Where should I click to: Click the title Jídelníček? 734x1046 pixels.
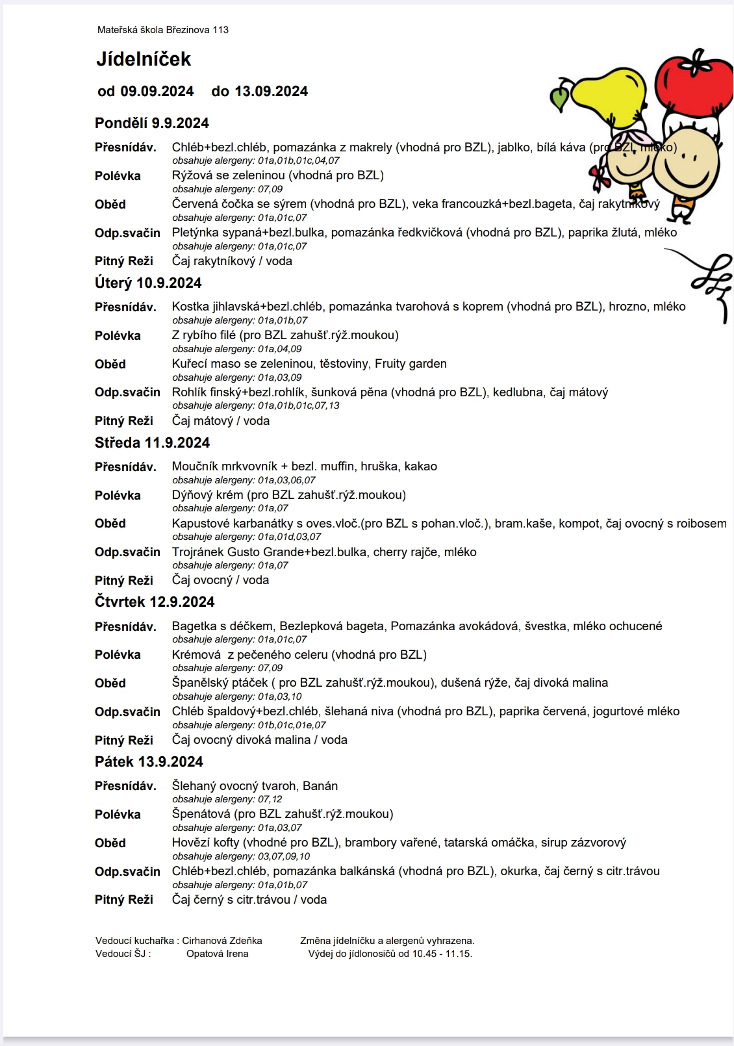(144, 59)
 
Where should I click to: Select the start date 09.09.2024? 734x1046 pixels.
(157, 92)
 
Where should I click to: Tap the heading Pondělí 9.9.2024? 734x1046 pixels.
(152, 123)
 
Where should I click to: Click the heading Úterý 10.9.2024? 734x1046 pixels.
(148, 283)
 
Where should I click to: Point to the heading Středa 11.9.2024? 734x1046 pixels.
(153, 443)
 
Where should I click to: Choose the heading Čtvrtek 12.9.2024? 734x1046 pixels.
(155, 602)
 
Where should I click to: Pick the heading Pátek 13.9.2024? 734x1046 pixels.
(149, 762)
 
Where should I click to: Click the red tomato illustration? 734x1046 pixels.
(692, 84)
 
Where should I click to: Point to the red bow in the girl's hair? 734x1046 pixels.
(598, 173)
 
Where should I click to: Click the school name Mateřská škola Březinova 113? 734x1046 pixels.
(163, 30)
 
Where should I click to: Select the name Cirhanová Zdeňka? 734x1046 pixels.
(222, 941)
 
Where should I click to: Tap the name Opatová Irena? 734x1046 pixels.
(217, 954)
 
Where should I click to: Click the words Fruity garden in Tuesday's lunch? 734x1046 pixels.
(411, 364)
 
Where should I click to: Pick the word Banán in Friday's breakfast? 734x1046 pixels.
(320, 786)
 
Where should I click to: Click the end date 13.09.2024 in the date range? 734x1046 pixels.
(271, 92)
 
